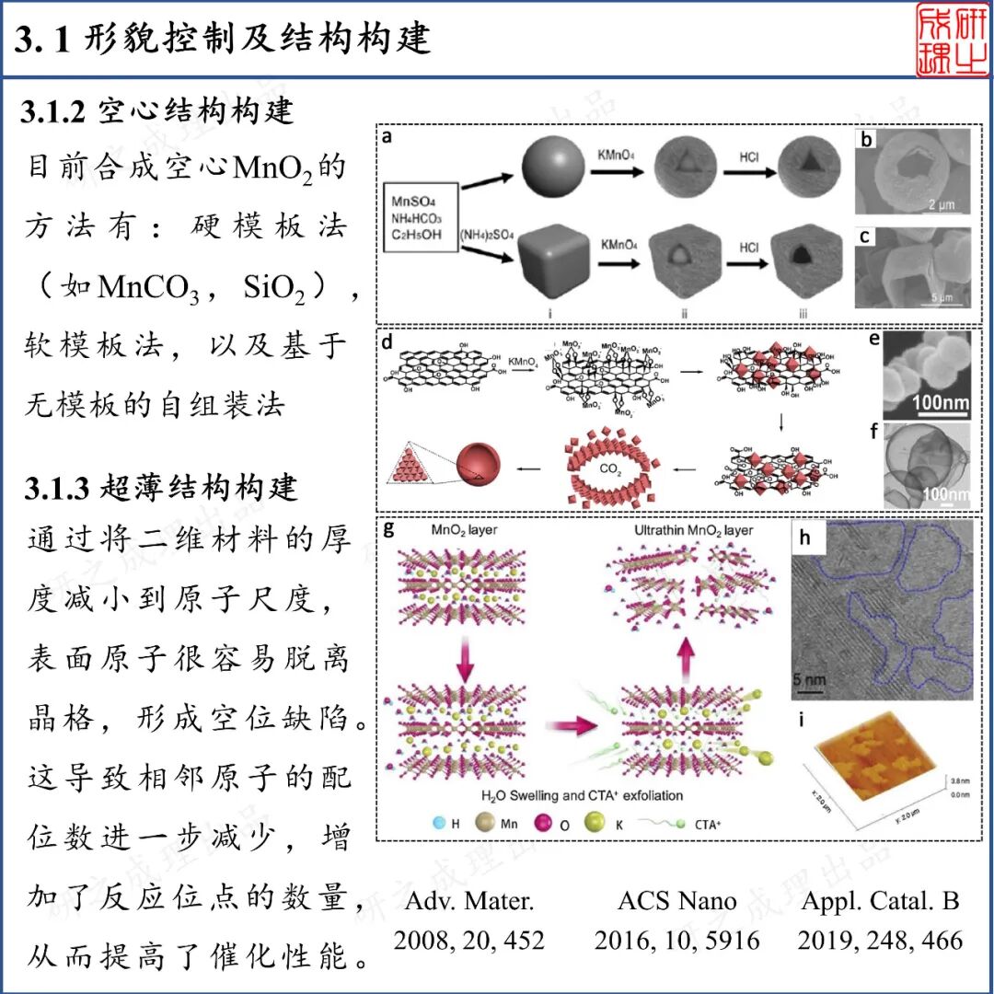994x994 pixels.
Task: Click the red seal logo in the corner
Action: [x=952, y=40]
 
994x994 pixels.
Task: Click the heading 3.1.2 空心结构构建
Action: [x=157, y=110]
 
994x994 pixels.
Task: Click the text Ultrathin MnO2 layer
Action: [x=693, y=531]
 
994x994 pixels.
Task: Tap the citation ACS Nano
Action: [x=677, y=901]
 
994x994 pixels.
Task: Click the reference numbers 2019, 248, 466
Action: [x=881, y=940]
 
